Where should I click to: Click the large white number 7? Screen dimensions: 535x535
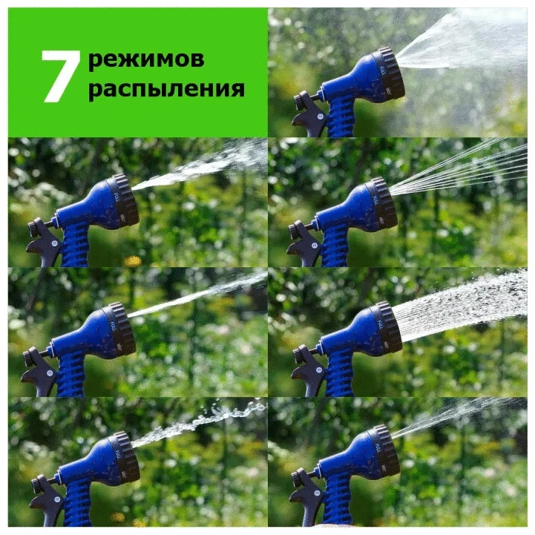(x=61, y=76)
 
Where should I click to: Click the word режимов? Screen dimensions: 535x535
(x=146, y=59)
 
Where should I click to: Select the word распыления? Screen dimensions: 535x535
(x=166, y=89)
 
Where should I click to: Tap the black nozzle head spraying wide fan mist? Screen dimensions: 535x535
(x=388, y=73)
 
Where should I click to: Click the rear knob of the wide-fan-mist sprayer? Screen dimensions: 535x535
(x=301, y=102)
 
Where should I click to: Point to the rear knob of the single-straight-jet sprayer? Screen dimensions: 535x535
(x=30, y=357)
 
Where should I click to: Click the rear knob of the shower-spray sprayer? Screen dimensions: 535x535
(x=301, y=355)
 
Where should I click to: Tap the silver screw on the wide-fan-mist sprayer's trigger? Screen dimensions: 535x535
(x=320, y=116)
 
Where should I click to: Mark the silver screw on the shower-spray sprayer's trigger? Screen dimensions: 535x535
(x=319, y=370)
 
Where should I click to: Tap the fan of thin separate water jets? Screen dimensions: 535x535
(x=459, y=166)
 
